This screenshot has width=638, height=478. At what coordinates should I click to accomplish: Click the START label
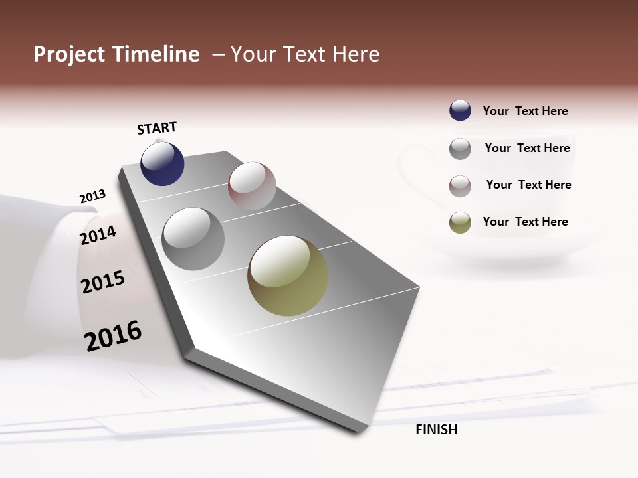coord(157,128)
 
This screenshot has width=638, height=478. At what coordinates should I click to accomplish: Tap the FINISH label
coord(436,430)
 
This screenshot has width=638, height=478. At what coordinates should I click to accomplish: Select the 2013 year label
coord(92,197)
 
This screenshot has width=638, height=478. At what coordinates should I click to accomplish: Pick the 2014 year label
coord(98,235)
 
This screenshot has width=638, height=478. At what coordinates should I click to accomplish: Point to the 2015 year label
coord(103,282)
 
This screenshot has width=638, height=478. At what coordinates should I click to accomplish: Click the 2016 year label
coord(113,336)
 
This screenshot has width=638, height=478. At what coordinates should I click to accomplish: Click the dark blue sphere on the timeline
coord(162,163)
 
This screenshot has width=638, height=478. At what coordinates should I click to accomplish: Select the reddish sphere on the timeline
coord(252,186)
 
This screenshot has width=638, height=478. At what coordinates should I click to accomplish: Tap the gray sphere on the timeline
coord(193,239)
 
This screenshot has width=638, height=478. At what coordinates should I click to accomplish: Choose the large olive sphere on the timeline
coord(288,276)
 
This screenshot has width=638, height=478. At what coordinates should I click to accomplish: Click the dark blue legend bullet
coord(460,111)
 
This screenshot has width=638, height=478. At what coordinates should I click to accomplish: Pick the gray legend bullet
coord(460,149)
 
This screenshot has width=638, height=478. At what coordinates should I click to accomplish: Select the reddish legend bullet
coord(460,186)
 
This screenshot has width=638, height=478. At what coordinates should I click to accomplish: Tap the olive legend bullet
coord(460,222)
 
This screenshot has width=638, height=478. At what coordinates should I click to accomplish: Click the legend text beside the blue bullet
coord(525,111)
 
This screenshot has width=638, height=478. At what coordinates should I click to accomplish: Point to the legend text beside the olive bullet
coord(525,222)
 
